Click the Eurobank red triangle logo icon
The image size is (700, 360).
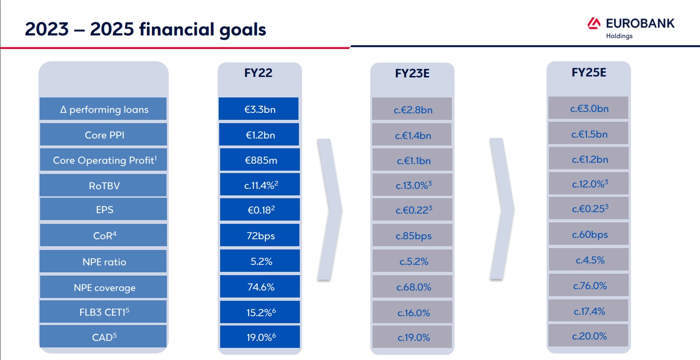point(594,23)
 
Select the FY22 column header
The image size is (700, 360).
point(258,73)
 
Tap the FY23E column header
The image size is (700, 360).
point(412,73)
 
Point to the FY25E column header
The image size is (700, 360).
point(589,72)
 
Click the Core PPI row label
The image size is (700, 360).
point(104,135)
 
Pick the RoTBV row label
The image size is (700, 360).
point(104,186)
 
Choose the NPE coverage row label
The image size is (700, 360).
point(104,288)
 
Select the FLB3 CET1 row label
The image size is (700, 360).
point(104,312)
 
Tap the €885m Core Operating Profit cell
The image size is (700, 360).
point(260,159)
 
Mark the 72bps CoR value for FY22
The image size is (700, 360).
point(260,235)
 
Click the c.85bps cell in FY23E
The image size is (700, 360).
point(412,235)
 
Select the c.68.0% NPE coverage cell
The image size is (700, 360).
point(412,286)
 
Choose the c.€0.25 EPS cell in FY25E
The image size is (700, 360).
point(589,208)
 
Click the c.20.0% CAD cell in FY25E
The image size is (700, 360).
point(588,335)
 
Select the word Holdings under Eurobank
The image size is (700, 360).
point(619,36)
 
